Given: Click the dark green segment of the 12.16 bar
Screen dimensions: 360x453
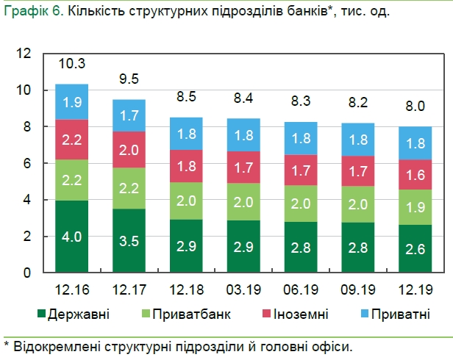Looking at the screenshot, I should click(72, 236).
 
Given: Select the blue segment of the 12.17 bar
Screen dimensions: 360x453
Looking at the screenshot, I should click(129, 115).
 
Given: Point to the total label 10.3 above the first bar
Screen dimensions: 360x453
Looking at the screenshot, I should click(72, 63).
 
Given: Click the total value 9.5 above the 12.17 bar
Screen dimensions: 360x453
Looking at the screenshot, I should click(129, 79).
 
